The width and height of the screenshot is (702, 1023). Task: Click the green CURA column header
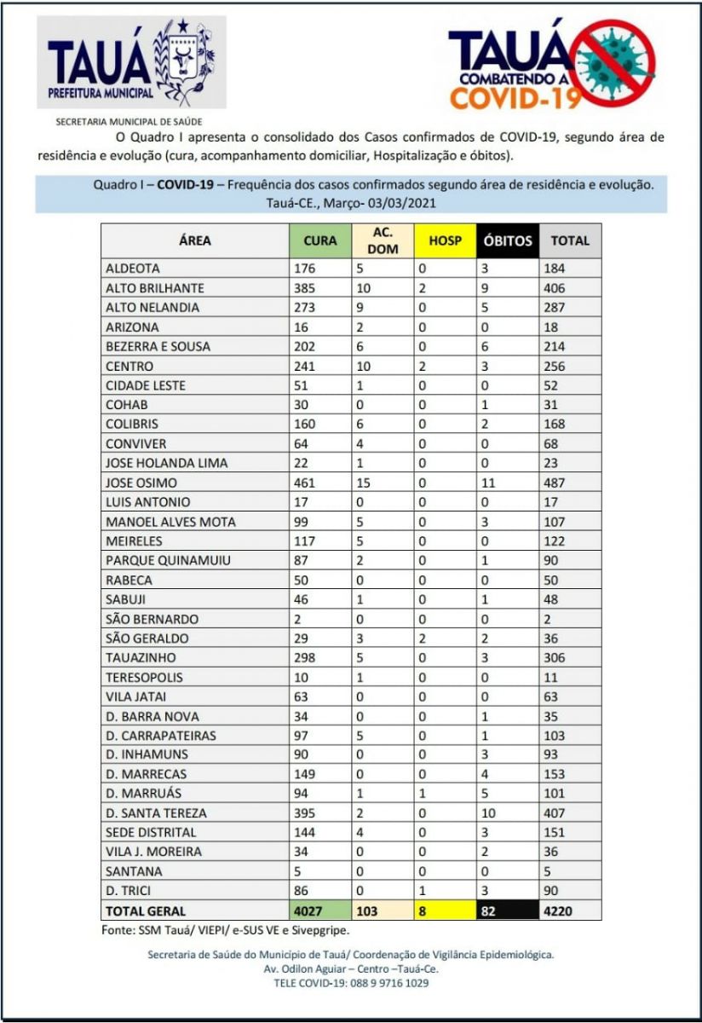pyautogui.click(x=319, y=240)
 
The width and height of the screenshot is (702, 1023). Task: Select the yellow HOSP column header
pyautogui.click(x=445, y=240)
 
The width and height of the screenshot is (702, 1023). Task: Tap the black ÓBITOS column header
pyautogui.click(x=508, y=240)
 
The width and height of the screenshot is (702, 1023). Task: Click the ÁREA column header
pyautogui.click(x=195, y=240)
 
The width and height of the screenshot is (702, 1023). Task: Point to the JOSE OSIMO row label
pyautogui.click(x=141, y=483)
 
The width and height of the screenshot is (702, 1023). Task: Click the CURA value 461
pyautogui.click(x=305, y=483)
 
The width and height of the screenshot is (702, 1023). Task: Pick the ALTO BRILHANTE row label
pyautogui.click(x=154, y=288)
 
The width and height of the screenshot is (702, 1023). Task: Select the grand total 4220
pyautogui.click(x=560, y=910)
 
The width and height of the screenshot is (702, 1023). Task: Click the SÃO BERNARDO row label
pyautogui.click(x=152, y=619)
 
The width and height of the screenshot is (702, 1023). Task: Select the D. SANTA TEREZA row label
pyautogui.click(x=156, y=813)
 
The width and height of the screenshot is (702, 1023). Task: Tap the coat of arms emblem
pyautogui.click(x=180, y=61)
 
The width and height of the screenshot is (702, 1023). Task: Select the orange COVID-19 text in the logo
pyautogui.click(x=515, y=98)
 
